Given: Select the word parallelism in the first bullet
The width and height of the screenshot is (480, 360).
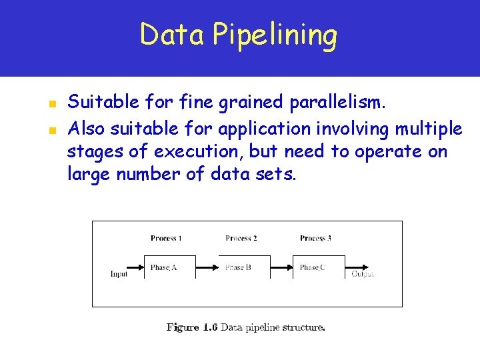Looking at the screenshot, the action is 346,103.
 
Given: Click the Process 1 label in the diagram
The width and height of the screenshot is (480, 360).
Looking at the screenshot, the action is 166,238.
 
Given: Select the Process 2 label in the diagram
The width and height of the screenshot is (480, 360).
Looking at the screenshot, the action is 241,238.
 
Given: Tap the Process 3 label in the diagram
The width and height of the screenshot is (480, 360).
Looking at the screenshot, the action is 315,238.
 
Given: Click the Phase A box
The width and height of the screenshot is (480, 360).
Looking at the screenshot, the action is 170,267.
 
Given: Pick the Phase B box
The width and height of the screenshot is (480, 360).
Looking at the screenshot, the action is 245,267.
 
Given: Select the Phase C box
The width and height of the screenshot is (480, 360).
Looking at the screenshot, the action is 319,267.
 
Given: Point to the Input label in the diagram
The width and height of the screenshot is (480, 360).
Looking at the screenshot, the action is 119,273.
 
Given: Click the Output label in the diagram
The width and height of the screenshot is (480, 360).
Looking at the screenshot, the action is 363,273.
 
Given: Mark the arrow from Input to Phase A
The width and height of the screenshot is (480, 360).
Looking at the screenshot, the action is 136,268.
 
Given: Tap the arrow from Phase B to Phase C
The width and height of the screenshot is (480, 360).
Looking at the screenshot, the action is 281,268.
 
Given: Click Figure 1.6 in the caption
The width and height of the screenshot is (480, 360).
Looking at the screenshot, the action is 192,327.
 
